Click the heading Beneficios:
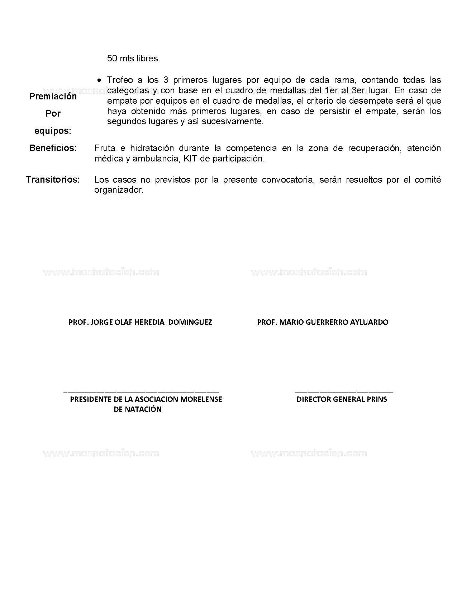(53, 148)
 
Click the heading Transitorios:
(53, 179)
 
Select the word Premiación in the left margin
(53, 97)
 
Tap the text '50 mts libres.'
(133, 58)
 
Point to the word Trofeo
(120, 80)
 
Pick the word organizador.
(119, 190)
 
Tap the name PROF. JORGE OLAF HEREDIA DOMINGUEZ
(140, 322)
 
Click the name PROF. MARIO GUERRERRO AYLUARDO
(323, 322)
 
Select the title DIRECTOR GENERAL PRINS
(342, 399)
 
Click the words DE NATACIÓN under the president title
(138, 409)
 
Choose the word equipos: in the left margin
(53, 131)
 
